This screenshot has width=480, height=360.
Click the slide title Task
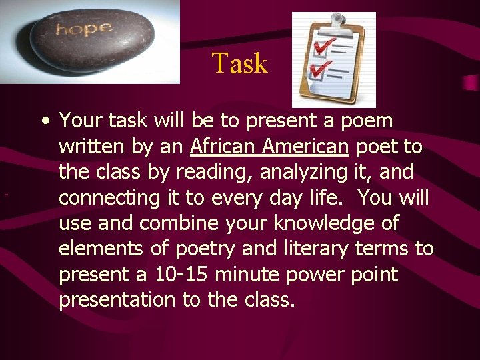[x=239, y=64]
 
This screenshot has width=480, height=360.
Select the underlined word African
[x=223, y=147]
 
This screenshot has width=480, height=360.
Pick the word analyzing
[x=306, y=173]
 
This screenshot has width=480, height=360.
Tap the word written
[x=90, y=147]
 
